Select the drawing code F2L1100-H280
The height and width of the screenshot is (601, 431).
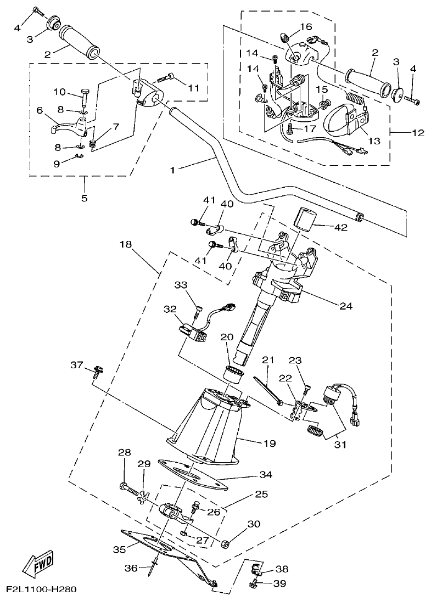coord(41,591)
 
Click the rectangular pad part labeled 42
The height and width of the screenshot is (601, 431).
coord(309,218)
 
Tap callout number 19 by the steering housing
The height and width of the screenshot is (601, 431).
coord(268,442)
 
